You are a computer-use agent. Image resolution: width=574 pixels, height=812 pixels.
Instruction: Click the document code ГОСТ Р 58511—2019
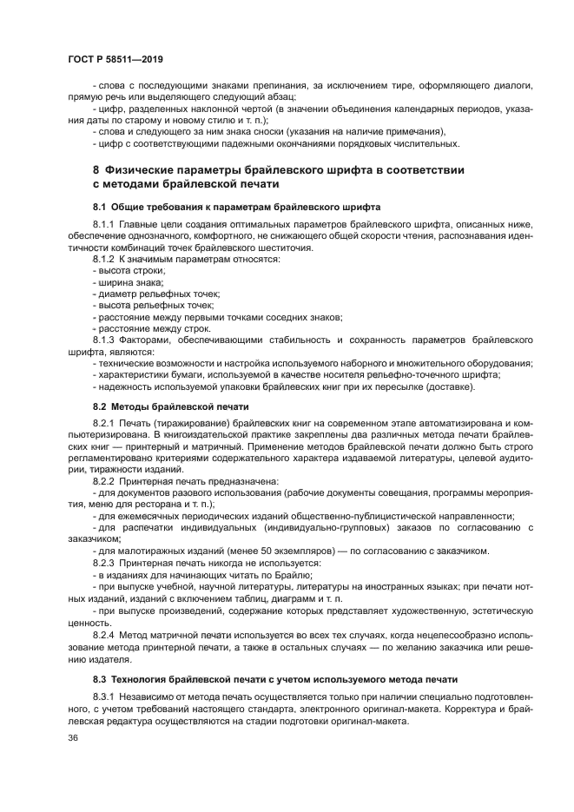[x=115, y=59]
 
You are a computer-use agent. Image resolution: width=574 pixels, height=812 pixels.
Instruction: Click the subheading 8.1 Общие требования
[x=234, y=207]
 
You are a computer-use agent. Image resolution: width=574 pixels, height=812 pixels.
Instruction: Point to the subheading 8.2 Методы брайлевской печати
[x=170, y=406]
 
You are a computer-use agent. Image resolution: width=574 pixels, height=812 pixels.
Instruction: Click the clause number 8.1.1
[x=104, y=225]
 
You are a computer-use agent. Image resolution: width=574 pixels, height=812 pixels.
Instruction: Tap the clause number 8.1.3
[x=104, y=340]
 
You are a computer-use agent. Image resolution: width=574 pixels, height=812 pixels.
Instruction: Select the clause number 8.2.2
[x=104, y=480]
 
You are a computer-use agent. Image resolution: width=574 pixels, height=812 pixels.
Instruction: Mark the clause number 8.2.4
[x=104, y=636]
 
